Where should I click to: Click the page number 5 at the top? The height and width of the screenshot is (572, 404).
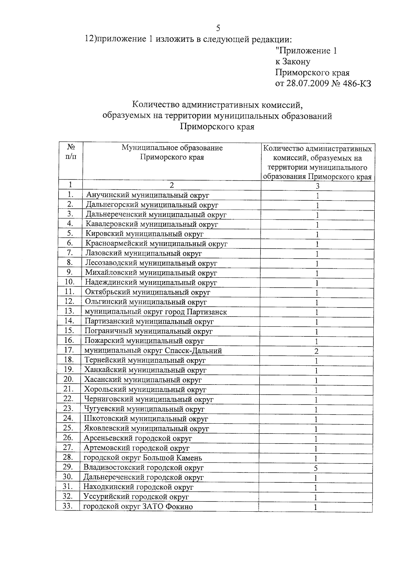[218, 28]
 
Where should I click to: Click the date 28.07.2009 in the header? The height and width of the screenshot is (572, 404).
[307, 84]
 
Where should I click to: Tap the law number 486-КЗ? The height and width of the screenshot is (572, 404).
[356, 84]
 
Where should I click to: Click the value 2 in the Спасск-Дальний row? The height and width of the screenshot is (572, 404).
[316, 351]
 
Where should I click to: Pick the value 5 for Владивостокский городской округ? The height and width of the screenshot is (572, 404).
[316, 468]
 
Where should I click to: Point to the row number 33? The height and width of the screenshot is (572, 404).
[68, 506]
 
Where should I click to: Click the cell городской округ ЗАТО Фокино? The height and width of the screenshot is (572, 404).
[138, 507]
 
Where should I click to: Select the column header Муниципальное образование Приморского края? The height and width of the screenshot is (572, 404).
[172, 153]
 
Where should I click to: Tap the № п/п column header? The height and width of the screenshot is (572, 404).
[71, 152]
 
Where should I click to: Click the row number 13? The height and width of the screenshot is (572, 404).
[69, 311]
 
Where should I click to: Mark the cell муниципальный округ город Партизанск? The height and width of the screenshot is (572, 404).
[156, 312]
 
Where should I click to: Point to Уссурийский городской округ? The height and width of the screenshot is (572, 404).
[136, 497]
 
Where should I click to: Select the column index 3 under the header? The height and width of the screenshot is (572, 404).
[317, 186]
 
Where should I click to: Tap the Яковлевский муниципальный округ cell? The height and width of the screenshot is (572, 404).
[146, 429]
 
